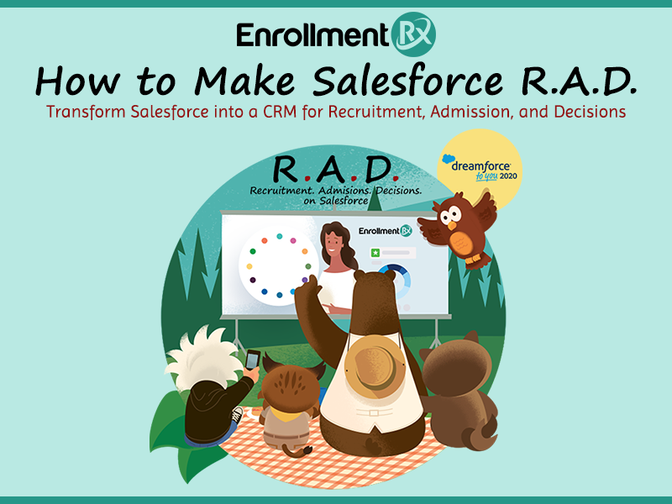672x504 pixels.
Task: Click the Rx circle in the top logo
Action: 413,34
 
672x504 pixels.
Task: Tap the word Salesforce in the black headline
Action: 407,81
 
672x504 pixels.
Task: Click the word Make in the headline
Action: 244,81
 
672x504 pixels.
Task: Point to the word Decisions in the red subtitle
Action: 590,112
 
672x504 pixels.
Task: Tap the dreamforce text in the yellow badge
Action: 480,165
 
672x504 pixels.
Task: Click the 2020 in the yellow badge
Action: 508,176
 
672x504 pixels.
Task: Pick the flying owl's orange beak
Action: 452,225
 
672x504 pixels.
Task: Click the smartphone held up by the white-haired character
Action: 253,360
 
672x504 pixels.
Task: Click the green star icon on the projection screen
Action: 375,253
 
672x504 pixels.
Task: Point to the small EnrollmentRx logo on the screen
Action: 386,231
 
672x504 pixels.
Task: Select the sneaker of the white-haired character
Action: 236,415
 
